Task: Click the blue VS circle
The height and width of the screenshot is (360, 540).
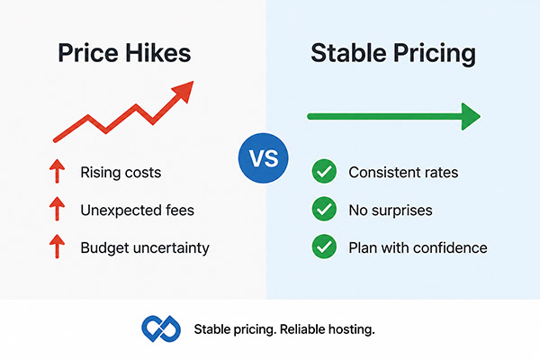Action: coord(264,158)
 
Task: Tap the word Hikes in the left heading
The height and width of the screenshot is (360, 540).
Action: coord(157,53)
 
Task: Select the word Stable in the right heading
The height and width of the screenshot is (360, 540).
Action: coord(348,53)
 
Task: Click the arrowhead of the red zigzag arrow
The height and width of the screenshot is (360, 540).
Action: coord(184,91)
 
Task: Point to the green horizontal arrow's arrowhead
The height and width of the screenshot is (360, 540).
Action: coord(471,116)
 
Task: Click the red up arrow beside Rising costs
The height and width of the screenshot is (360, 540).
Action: coord(58,171)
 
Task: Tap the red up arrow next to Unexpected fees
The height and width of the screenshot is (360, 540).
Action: coord(58,209)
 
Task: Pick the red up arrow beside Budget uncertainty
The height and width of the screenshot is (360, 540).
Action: coord(58,247)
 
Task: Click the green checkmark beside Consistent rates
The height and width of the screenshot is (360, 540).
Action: coord(324,171)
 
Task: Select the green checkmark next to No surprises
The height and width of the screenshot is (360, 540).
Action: coord(324,209)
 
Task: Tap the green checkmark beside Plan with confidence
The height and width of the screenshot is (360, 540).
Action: coord(324,247)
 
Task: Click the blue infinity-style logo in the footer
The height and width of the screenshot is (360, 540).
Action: coord(161,329)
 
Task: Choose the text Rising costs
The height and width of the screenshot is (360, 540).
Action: coord(121,172)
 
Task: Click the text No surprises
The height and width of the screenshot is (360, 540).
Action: coord(391,211)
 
